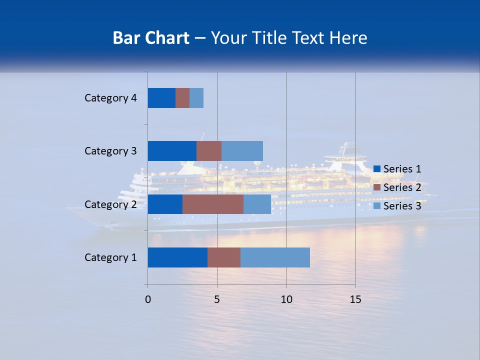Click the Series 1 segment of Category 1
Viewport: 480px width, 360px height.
[177, 257]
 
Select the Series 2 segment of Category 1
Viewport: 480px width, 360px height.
[224, 257]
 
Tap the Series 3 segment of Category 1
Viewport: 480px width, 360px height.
[275, 257]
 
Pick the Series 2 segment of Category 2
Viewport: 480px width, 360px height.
[213, 204]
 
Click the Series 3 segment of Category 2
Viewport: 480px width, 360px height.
[257, 204]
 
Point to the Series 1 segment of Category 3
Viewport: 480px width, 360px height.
[172, 151]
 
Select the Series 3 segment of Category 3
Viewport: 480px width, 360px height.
[242, 151]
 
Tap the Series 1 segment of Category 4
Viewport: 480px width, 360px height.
[161, 98]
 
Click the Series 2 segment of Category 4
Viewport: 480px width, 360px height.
[182, 98]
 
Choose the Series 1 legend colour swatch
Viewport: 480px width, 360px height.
[377, 169]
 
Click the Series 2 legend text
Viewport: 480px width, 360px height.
[402, 187]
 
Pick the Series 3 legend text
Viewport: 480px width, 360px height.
[402, 206]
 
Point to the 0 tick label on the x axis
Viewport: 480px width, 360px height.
[148, 299]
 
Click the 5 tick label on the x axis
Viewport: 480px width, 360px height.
[217, 299]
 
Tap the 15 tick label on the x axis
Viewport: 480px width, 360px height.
[355, 299]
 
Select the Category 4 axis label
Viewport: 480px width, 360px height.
[110, 98]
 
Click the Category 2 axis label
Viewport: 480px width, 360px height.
[110, 204]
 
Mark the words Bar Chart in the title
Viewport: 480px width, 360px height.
[151, 38]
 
